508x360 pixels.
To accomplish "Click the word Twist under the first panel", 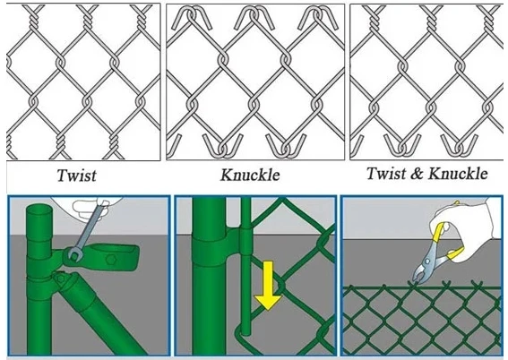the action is pyautogui.click(x=77, y=176).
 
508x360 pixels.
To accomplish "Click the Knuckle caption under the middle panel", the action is pyautogui.click(x=250, y=176).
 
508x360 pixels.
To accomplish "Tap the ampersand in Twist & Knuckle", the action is pyautogui.click(x=418, y=174).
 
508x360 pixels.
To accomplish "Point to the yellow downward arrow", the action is pyautogui.click(x=268, y=286).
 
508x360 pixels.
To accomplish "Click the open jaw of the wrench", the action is pyautogui.click(x=73, y=255).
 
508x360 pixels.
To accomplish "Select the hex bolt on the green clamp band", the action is pyautogui.click(x=111, y=259).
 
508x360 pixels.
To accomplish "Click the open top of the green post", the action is pyautogui.click(x=39, y=209).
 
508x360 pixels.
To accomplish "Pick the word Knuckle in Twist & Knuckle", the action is pyautogui.click(x=458, y=174).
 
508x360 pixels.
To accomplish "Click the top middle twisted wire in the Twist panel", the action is pyautogui.click(x=88, y=19).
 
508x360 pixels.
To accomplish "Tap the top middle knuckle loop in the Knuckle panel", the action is pyautogui.click(x=254, y=17).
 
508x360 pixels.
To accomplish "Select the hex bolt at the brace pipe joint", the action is pyautogui.click(x=60, y=279).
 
